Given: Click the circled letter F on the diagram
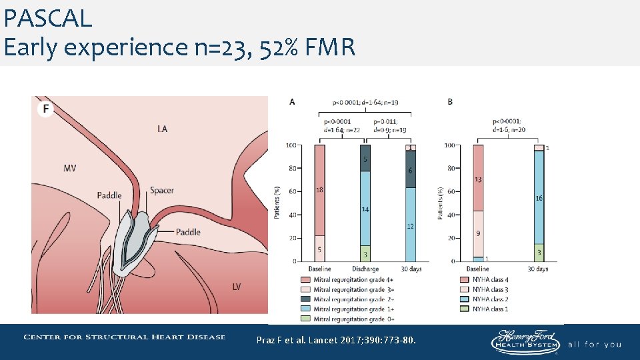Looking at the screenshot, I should (45, 109).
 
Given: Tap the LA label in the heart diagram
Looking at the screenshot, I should (162, 129).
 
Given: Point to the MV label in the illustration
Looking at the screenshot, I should (69, 168).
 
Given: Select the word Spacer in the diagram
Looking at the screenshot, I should (161, 191).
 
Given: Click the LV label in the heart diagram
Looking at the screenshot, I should (237, 287).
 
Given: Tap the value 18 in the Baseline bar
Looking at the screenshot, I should (319, 190).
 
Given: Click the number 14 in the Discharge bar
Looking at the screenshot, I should (365, 209).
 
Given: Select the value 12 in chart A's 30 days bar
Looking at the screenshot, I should (410, 227).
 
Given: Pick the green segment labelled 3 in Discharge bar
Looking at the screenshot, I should (365, 254).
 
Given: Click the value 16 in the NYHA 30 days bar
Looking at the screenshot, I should (539, 198).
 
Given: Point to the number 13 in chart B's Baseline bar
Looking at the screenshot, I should (479, 180).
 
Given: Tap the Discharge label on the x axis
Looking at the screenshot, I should (365, 269).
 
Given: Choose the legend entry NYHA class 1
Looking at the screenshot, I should (490, 309).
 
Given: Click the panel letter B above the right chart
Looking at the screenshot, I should (450, 102).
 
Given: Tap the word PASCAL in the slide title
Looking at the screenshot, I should (47, 19).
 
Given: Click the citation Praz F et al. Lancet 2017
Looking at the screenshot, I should (337, 341).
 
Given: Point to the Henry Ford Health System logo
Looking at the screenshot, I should (525, 342).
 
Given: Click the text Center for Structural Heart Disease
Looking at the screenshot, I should (125, 337).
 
